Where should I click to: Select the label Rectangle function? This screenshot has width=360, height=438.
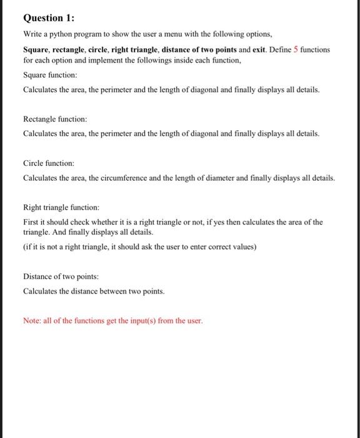55,118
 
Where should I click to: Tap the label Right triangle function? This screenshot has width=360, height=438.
61,206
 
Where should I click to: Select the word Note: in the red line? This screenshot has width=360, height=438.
32,321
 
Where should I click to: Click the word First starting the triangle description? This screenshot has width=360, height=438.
31,222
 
